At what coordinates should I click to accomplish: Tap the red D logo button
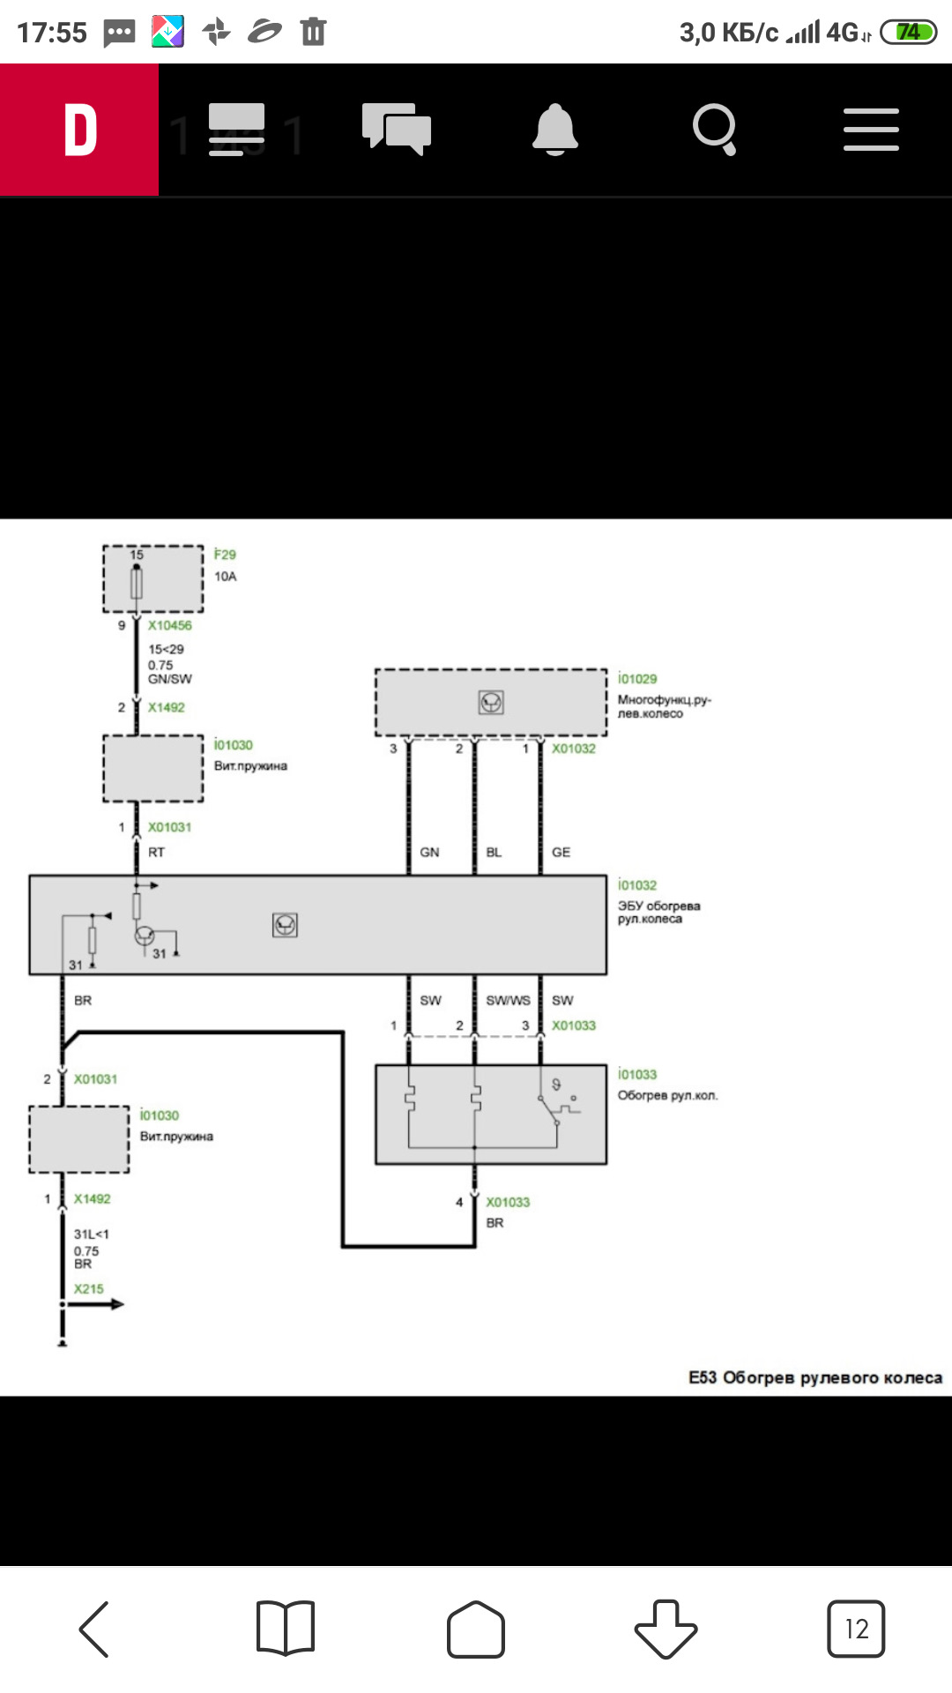[79, 130]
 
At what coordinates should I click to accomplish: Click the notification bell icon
[555, 130]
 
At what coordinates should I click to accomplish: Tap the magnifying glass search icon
[715, 130]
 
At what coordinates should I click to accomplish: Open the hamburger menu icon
[871, 130]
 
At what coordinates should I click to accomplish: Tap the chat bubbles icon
[397, 129]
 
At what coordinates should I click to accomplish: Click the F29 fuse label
[225, 555]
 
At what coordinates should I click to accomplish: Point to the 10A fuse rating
[226, 577]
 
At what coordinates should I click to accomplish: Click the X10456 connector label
[170, 625]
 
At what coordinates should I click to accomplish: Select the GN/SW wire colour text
[170, 679]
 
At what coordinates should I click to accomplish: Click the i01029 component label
[637, 679]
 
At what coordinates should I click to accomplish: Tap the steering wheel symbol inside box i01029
[491, 702]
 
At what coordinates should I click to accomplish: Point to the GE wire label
[562, 853]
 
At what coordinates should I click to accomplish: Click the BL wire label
[494, 853]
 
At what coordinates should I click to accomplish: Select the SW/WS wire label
[509, 1001]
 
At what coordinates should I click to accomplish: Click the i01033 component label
[637, 1074]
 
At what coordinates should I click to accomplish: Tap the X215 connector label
[89, 1289]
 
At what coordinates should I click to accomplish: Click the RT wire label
[157, 853]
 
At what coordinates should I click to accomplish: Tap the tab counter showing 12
[856, 1629]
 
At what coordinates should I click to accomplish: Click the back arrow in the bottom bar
[94, 1629]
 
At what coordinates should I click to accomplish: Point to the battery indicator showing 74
[909, 33]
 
